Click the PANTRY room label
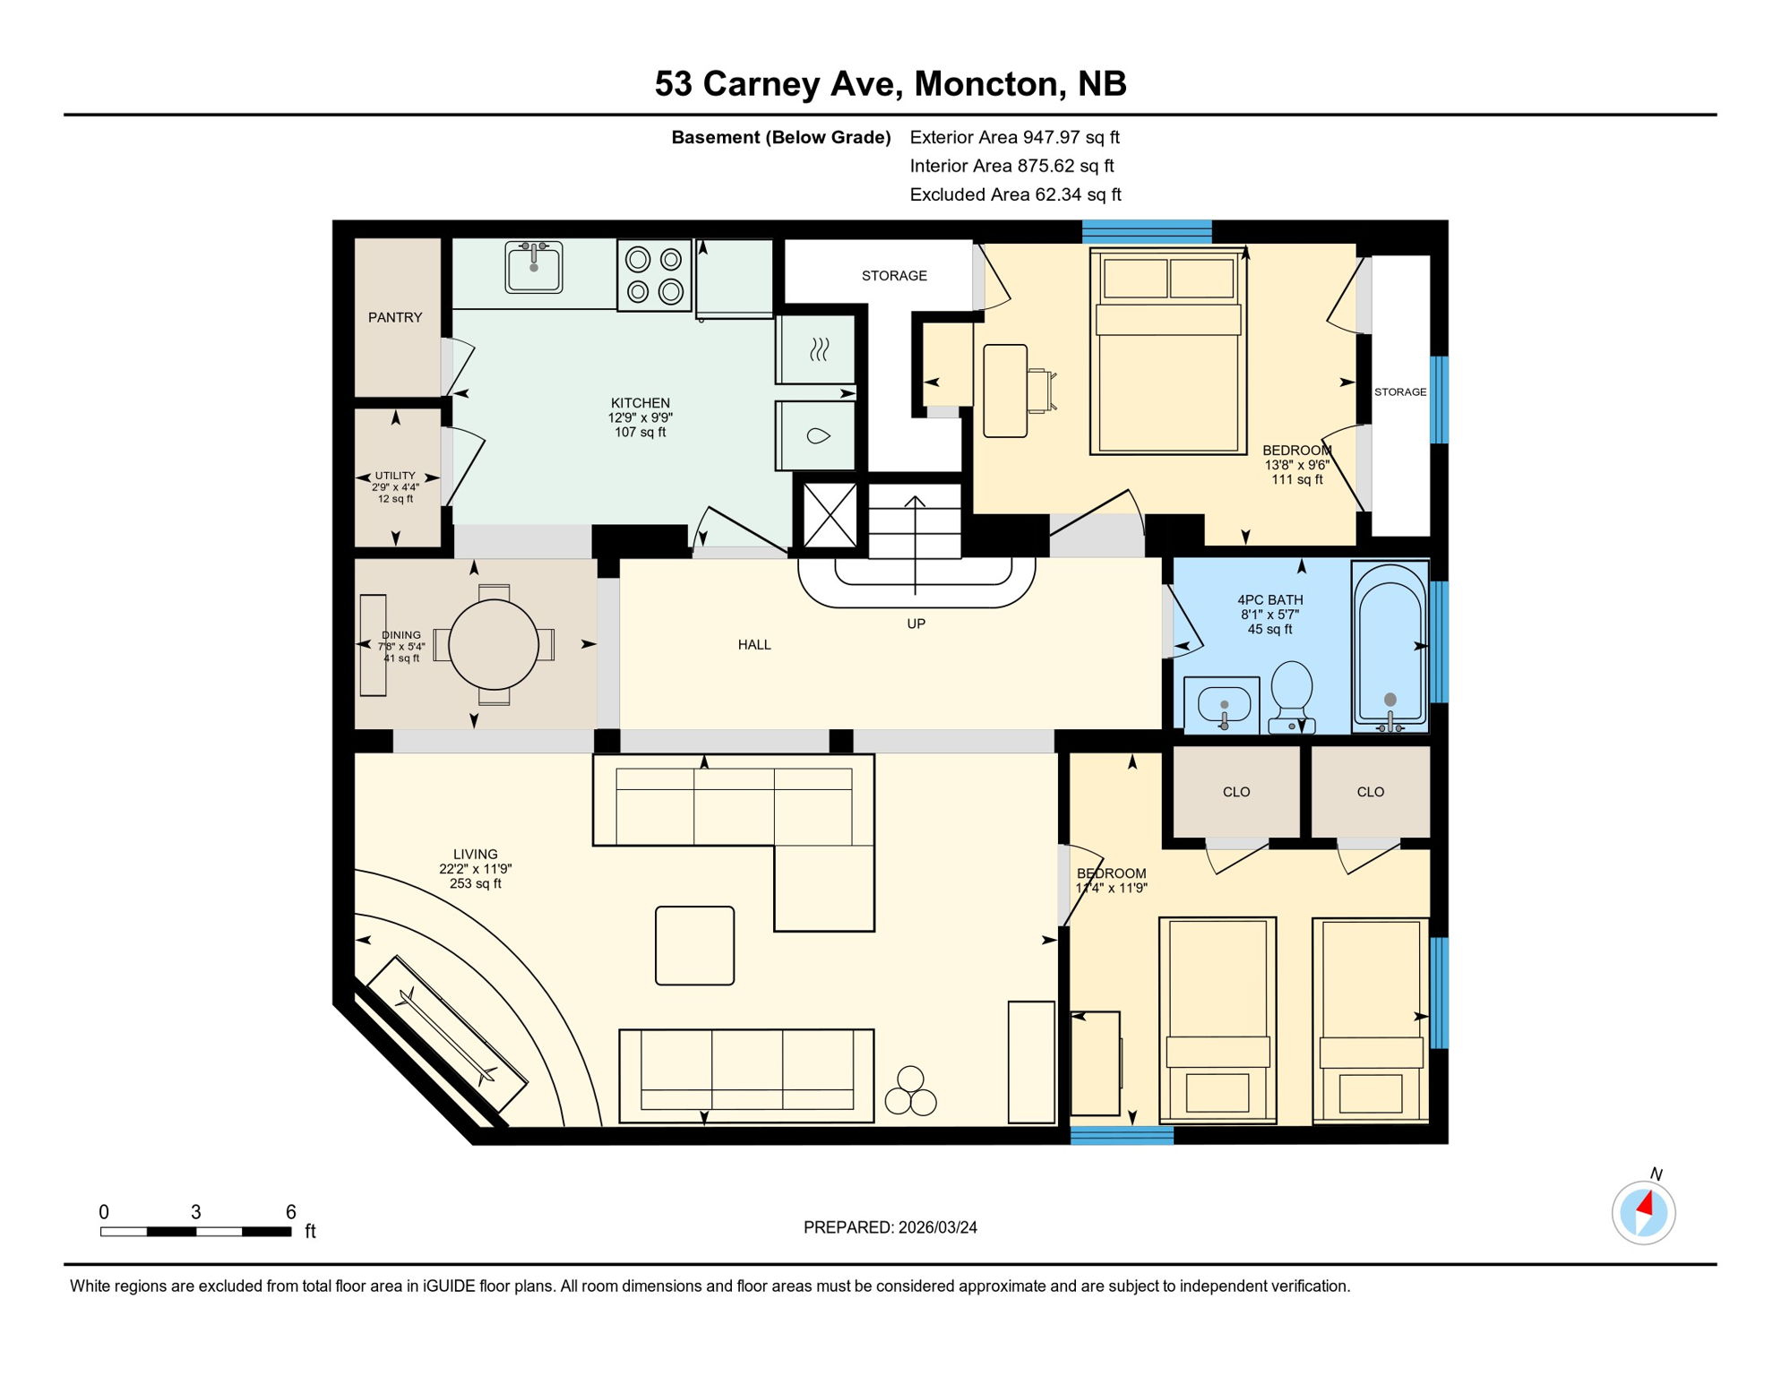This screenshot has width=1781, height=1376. [x=394, y=317]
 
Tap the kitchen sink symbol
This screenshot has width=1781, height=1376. [x=534, y=266]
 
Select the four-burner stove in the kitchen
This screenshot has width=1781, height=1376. [x=654, y=275]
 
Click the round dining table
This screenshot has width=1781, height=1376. [x=494, y=644]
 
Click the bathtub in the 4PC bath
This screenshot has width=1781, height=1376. [x=1390, y=646]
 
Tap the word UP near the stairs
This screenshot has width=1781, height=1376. [x=916, y=623]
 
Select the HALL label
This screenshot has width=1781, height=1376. [x=754, y=644]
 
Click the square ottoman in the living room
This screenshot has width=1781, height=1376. [x=694, y=945]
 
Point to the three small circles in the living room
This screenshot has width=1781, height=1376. [x=910, y=1092]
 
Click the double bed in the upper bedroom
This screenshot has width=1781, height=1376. [x=1167, y=351]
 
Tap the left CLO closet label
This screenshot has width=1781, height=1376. [x=1235, y=792]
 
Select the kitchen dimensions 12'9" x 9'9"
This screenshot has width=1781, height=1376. [x=640, y=417]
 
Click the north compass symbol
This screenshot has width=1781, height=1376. [x=1643, y=1213]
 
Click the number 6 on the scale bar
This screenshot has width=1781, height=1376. [x=290, y=1212]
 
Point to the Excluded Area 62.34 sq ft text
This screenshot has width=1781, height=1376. [x=1015, y=194]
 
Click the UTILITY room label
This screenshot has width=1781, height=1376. [x=395, y=476]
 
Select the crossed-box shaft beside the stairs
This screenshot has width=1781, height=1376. [x=830, y=515]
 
